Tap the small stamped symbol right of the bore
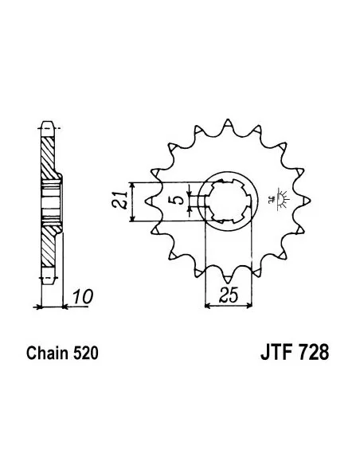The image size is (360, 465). (x=280, y=197)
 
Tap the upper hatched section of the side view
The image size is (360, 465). (x=50, y=159)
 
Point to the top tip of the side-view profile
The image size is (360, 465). (x=45, y=127)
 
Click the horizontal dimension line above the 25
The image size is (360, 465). (x=229, y=304)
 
